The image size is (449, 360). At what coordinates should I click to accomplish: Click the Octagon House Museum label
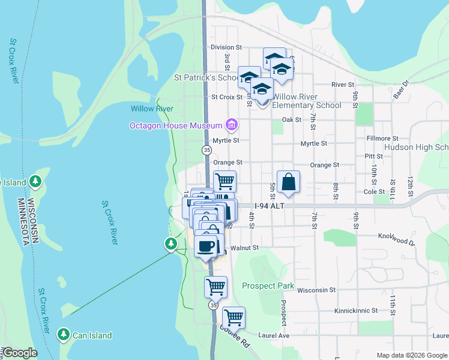pyautogui.click(x=176, y=125)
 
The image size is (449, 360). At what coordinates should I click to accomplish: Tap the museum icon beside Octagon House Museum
pyautogui.click(x=232, y=125)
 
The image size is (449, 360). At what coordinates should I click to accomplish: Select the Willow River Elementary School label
pyautogui.click(x=307, y=101)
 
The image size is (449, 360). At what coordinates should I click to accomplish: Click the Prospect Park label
pyautogui.click(x=268, y=286)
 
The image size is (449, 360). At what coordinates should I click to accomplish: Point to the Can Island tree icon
pyautogui.click(x=63, y=334)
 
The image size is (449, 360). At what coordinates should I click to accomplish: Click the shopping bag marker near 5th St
pyautogui.click(x=288, y=182)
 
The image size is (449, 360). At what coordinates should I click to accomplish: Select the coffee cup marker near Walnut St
pyautogui.click(x=206, y=246)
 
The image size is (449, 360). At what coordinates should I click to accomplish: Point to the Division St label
pyautogui.click(x=226, y=47)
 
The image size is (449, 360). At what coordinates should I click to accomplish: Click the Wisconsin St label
pyautogui.click(x=316, y=290)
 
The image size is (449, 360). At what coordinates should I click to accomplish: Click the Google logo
pyautogui.click(x=19, y=353)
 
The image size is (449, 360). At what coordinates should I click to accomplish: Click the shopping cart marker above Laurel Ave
pyautogui.click(x=233, y=316)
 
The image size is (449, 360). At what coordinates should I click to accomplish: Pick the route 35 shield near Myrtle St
pyautogui.click(x=206, y=149)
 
